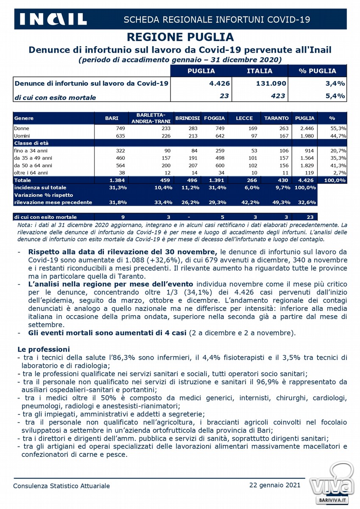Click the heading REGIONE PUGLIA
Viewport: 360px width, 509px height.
[x=180, y=37]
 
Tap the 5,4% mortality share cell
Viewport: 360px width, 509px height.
[x=335, y=96]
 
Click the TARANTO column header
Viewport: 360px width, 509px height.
[x=276, y=118]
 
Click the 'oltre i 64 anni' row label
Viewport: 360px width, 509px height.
[x=31, y=173]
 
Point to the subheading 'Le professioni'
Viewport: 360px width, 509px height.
[x=43, y=350]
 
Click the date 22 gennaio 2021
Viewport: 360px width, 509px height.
[x=275, y=485]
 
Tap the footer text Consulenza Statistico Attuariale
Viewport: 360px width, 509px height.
[x=61, y=486]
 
